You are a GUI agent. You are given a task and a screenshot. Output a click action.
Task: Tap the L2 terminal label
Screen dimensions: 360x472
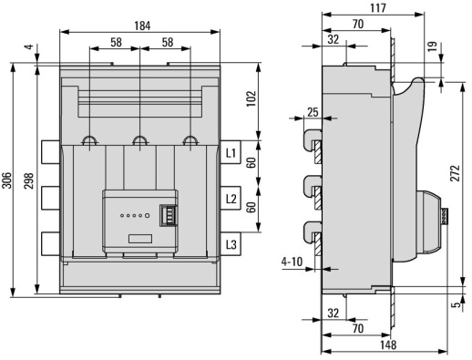pos(231,198)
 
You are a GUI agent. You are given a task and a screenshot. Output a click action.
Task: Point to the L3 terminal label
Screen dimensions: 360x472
pos(231,244)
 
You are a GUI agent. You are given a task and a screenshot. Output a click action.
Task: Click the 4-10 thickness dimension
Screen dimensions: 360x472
pos(292,262)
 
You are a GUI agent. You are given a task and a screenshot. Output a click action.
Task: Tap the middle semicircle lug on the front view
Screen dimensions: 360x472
pos(139,141)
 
